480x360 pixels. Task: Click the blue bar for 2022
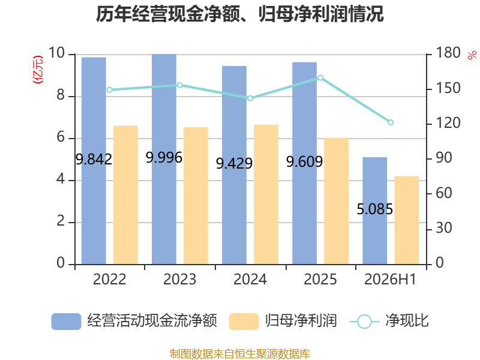point(94,161)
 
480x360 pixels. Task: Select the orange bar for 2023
point(196,196)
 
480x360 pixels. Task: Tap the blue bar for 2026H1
point(374,211)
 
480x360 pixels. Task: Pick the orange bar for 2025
point(336,201)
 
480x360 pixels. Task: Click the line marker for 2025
point(320,78)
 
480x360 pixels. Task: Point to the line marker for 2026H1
point(391,122)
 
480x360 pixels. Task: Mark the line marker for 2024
point(250,98)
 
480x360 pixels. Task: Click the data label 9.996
point(164,158)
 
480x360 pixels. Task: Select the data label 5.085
point(374,209)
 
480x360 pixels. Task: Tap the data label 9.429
point(234,163)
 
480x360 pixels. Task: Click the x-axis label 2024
point(250,279)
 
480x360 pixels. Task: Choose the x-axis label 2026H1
point(391,279)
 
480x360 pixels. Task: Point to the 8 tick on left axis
point(61,95)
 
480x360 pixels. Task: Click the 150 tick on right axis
point(448,88)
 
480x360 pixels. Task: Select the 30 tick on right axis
point(443,228)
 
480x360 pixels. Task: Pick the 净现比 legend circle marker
point(364,322)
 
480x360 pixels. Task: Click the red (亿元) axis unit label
point(38,70)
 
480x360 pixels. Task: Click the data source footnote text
point(240,354)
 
